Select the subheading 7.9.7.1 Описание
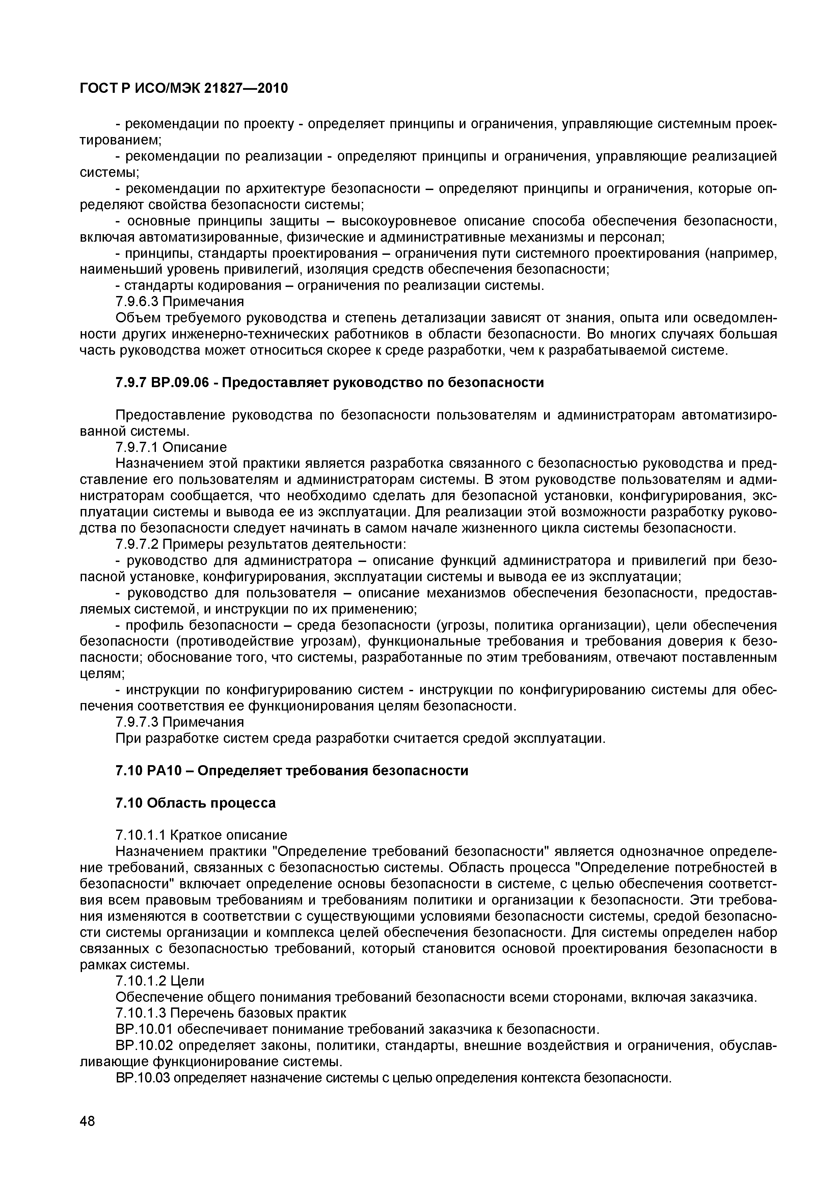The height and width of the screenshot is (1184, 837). [x=171, y=447]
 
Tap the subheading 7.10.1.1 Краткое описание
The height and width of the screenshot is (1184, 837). [x=201, y=834]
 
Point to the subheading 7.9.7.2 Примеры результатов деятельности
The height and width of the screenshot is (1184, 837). [x=261, y=544]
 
